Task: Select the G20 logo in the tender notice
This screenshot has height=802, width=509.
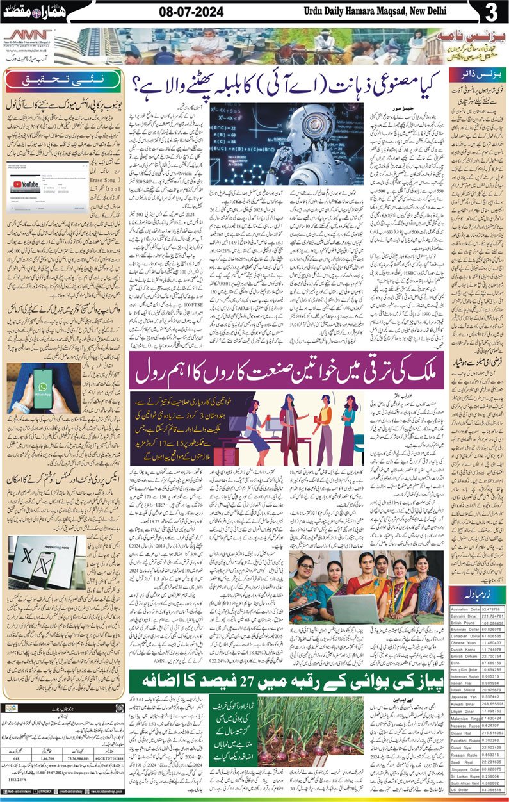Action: pos(11,708)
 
